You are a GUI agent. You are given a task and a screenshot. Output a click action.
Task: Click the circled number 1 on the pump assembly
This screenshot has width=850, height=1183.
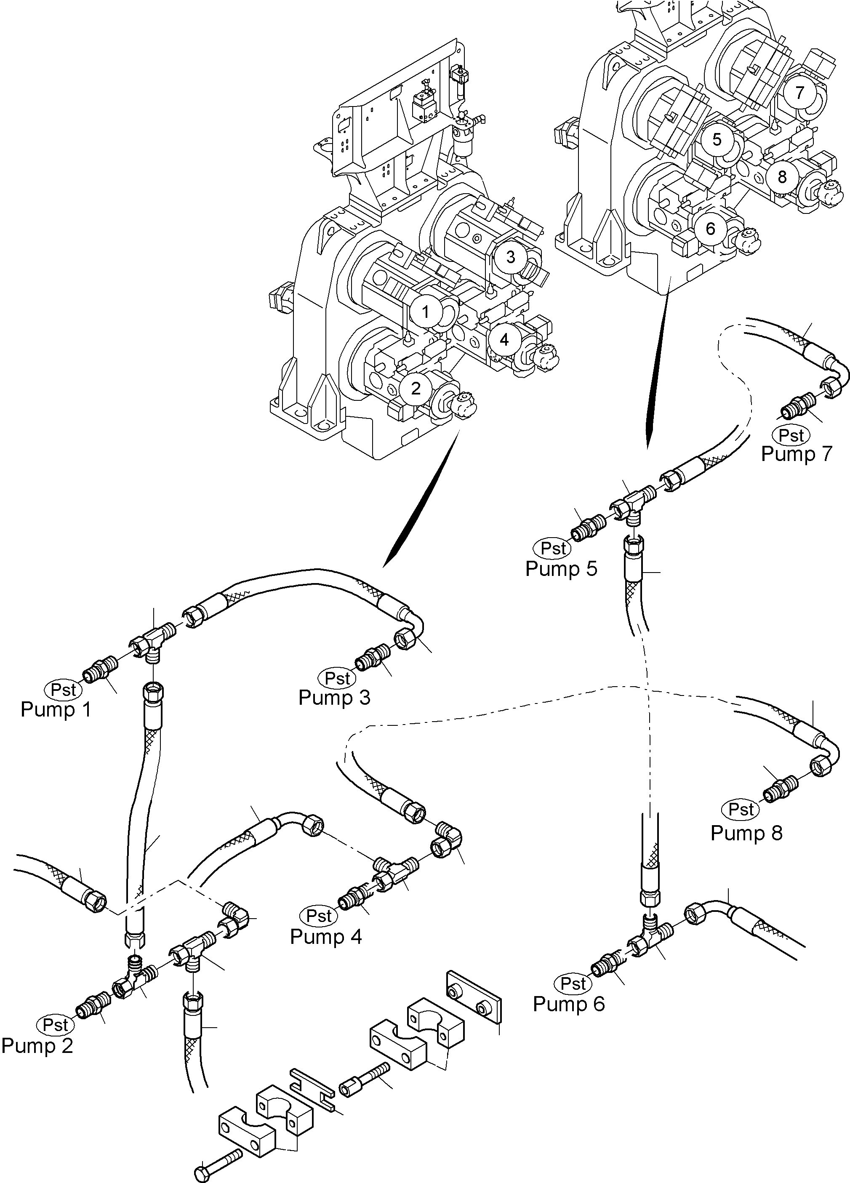tap(426, 312)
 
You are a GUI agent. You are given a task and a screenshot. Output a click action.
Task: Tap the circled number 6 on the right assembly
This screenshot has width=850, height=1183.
tap(710, 229)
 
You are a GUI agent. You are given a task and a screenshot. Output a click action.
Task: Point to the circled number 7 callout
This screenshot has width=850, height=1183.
tap(800, 92)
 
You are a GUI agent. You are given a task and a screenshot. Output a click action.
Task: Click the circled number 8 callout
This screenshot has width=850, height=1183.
tap(782, 177)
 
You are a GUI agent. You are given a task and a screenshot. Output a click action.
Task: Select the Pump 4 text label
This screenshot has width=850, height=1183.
tap(326, 936)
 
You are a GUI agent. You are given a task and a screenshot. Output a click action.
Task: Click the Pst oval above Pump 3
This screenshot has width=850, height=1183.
tap(337, 678)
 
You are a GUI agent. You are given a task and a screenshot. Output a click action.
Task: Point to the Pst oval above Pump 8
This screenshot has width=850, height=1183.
tap(741, 809)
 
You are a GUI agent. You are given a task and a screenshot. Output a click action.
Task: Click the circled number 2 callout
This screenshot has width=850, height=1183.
tap(416, 388)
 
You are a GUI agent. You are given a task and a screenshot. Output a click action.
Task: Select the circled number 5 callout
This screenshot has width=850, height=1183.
tap(717, 139)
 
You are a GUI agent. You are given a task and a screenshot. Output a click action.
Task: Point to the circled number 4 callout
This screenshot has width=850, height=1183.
tap(504, 340)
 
